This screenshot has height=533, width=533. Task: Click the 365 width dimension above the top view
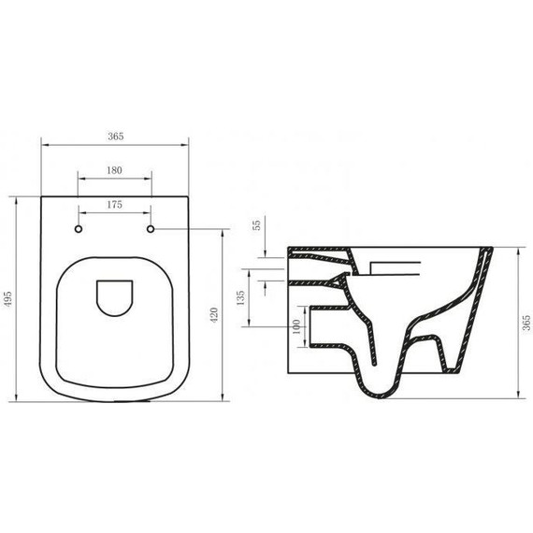[x=115, y=136]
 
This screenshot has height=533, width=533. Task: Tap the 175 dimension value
[x=115, y=203]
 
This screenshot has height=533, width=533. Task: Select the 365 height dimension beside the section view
[x=526, y=323]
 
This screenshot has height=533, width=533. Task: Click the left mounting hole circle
[x=79, y=228]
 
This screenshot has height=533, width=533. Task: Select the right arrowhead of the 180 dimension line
[x=151, y=178]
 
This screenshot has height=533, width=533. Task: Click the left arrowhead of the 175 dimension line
[x=80, y=210]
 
